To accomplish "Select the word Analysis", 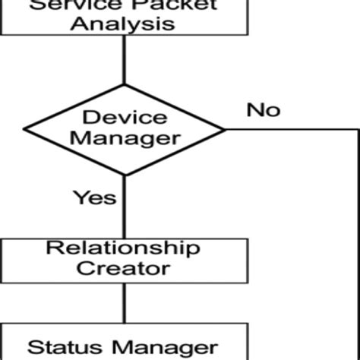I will (x=123, y=23).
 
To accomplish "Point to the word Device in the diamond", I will (x=123, y=117).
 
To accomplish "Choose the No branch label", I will (x=263, y=109).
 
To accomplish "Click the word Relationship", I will (x=123, y=248).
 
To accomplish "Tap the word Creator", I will (x=123, y=268).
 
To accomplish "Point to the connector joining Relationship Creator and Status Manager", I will (x=123, y=302).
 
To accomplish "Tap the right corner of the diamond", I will (x=226, y=129).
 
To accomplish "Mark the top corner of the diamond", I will (x=123, y=87).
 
